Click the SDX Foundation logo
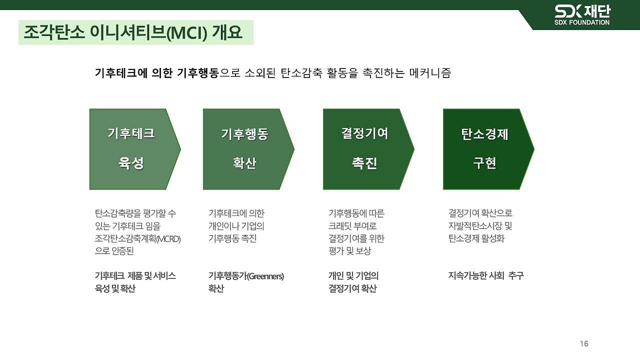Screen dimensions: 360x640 click(x=582, y=14)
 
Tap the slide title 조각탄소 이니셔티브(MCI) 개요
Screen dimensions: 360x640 click(x=133, y=33)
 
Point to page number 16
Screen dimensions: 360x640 click(x=584, y=343)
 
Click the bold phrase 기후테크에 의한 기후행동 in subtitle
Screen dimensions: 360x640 click(x=156, y=73)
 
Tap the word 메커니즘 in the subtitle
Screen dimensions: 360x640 click(x=430, y=73)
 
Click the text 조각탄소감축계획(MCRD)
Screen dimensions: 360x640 click(x=137, y=238)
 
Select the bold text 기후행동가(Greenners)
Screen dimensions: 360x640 click(x=246, y=276)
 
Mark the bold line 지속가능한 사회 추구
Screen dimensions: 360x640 click(x=486, y=276)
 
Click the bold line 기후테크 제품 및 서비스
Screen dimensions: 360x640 click(x=135, y=276)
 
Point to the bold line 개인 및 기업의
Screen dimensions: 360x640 click(x=353, y=276)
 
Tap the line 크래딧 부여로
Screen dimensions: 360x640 click(x=352, y=226)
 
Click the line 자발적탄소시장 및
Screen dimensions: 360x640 click(x=480, y=226)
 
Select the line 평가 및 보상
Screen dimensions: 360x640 click(x=349, y=251)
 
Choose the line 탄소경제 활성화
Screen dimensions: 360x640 click(x=476, y=238)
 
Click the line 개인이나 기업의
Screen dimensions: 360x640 click(x=236, y=226)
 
